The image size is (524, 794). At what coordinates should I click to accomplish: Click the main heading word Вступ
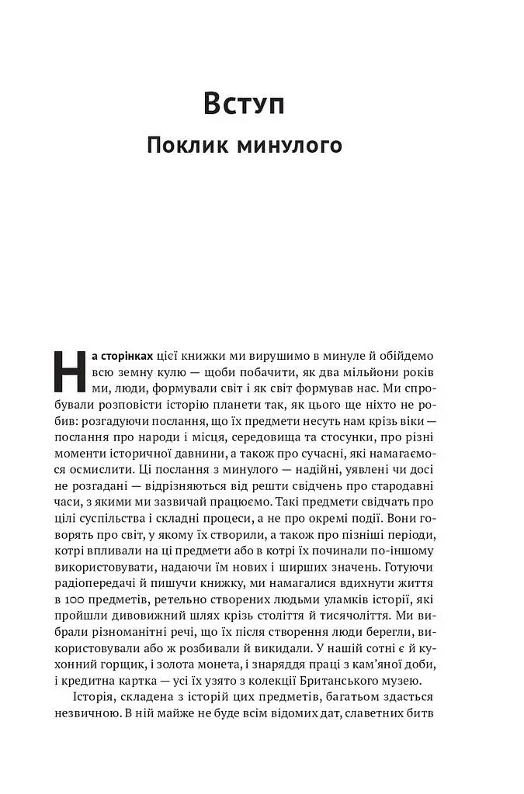[x=244, y=103]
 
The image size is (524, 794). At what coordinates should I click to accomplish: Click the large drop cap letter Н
[x=68, y=371]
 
